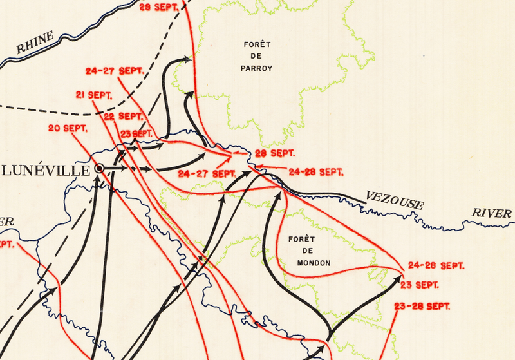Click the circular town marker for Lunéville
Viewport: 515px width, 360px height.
click(x=100, y=168)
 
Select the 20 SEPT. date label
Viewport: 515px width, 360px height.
click(x=68, y=128)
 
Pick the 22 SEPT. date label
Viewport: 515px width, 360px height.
click(x=123, y=117)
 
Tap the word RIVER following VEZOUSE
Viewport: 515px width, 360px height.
click(x=492, y=213)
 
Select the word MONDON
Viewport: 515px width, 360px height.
click(x=314, y=263)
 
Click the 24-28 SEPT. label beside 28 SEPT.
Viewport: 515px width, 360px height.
click(x=316, y=172)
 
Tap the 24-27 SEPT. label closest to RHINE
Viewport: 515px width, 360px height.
click(x=114, y=70)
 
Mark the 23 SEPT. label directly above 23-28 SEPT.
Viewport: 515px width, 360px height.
click(x=420, y=285)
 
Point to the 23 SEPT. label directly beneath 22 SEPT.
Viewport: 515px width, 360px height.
click(x=136, y=133)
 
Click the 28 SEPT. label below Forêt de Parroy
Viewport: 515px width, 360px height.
click(x=274, y=153)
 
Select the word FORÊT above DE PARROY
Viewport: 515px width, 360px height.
click(x=257, y=44)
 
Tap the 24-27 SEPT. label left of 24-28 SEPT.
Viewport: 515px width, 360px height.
click(x=207, y=174)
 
